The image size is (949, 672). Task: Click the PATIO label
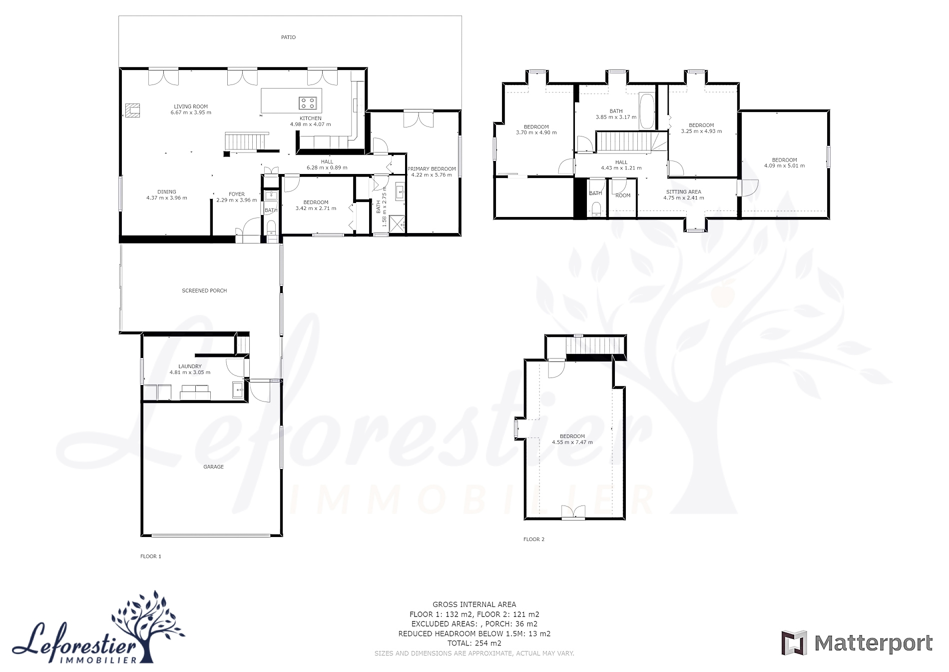(x=288, y=37)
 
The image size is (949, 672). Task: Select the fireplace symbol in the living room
(x=132, y=110)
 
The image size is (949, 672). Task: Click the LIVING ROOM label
(x=191, y=106)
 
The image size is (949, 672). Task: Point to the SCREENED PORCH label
(x=204, y=290)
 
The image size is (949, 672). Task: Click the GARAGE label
(x=213, y=467)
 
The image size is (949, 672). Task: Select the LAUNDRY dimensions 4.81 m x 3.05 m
(x=190, y=372)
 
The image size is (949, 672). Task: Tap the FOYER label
(x=237, y=194)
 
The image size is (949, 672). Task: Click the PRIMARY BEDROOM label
(x=432, y=169)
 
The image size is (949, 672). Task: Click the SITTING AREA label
(x=684, y=192)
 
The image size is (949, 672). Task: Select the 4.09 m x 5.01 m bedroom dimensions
(x=784, y=166)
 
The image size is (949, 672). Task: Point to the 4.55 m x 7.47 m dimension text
(x=572, y=442)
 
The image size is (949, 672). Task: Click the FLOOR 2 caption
(x=534, y=539)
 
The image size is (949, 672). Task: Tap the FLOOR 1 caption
(x=151, y=556)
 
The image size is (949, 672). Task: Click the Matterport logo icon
(x=794, y=643)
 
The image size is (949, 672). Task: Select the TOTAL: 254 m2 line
(x=474, y=643)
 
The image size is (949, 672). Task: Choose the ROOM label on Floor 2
(x=623, y=195)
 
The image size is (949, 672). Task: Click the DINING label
(x=167, y=192)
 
